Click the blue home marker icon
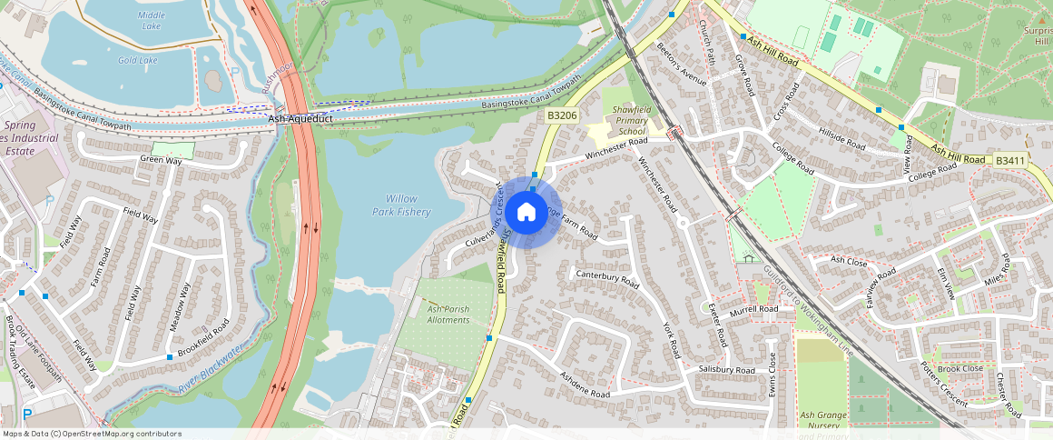coord(526,213)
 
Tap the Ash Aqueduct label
coord(300,119)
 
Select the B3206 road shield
coord(563,115)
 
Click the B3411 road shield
coord(1009,160)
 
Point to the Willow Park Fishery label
coord(401,205)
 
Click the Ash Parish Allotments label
coord(448,315)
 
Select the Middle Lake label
coord(152,15)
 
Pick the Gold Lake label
coord(137,60)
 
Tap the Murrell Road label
coord(754,309)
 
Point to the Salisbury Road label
coord(727,370)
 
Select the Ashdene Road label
coord(585,385)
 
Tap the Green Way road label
coord(161,160)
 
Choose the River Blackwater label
coord(212,369)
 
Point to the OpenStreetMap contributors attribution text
coord(92,434)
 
